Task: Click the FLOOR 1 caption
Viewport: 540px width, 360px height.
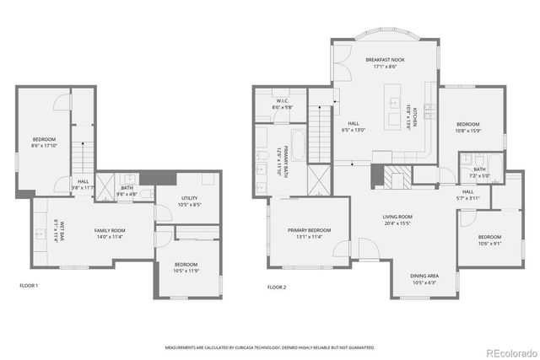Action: tap(29, 287)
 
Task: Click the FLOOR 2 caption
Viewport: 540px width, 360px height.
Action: tap(277, 287)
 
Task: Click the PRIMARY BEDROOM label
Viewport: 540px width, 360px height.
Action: tap(308, 230)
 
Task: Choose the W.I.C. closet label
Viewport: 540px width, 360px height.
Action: tap(282, 103)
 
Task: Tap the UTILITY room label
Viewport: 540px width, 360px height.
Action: tap(189, 198)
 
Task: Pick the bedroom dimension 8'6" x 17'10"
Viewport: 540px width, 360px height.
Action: tap(44, 144)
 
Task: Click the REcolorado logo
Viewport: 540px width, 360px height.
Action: tap(509, 352)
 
